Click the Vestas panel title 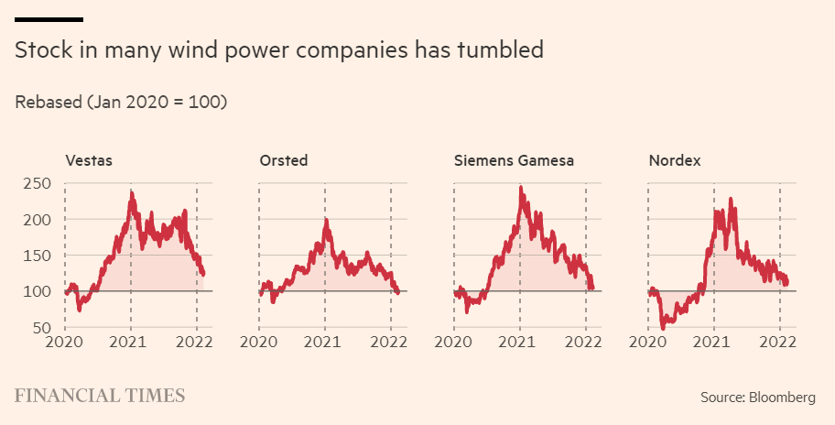(88, 161)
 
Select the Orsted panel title (284, 161)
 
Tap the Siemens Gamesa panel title (515, 161)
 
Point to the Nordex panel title (675, 161)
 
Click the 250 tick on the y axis (37, 184)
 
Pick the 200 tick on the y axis (37, 220)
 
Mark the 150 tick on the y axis (37, 256)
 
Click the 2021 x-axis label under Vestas (131, 343)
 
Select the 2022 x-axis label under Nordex (779, 343)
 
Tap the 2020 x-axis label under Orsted (259, 343)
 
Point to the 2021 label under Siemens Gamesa (520, 343)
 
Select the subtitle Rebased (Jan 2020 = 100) (121, 102)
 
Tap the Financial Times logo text (100, 396)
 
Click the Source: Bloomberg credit (758, 398)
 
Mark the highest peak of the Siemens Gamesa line (521, 188)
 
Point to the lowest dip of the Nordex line (663, 327)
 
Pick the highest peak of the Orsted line (326, 221)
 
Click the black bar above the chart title (49, 19)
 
